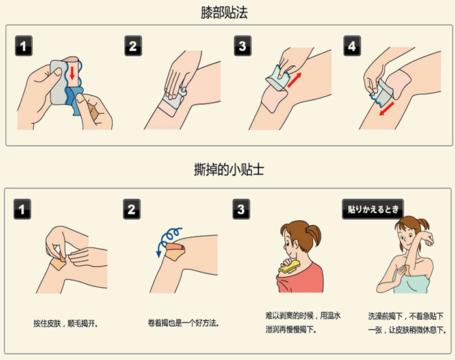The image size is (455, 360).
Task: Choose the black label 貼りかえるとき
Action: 373,210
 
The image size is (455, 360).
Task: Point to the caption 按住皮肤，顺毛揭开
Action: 66,323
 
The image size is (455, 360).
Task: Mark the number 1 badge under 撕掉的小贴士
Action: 23,210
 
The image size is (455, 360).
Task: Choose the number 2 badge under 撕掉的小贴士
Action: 133,210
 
